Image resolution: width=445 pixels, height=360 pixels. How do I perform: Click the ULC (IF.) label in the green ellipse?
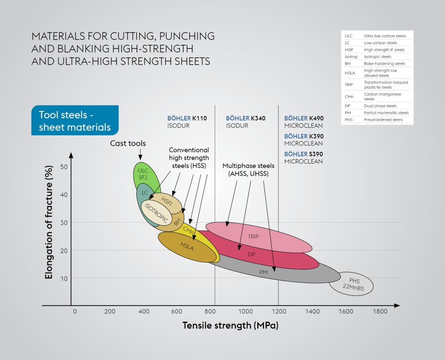click(x=143, y=173)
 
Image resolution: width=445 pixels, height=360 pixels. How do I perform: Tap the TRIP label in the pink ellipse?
click(x=253, y=237)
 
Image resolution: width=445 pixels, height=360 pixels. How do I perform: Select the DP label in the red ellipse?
click(x=252, y=254)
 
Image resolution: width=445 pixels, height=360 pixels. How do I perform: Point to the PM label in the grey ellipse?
click(x=263, y=272)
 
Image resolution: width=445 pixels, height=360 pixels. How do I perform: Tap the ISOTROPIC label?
click(x=156, y=213)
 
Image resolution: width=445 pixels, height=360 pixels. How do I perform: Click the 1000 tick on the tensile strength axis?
click(x=246, y=311)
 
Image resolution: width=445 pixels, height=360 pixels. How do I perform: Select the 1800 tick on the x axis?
click(x=380, y=311)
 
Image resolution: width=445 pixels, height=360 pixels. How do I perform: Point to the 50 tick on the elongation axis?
click(x=64, y=167)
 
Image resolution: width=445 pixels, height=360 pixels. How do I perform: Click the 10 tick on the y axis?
click(x=64, y=278)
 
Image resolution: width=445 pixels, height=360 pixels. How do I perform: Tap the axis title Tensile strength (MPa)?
click(x=230, y=325)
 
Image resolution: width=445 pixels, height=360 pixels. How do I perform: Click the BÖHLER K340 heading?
click(x=246, y=118)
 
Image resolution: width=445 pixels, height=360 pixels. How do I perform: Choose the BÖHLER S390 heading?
click(x=304, y=154)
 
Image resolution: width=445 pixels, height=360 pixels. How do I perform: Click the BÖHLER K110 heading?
click(x=187, y=118)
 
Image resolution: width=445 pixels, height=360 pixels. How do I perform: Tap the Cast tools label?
click(x=128, y=143)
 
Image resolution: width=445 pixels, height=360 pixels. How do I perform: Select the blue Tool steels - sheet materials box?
click(x=75, y=121)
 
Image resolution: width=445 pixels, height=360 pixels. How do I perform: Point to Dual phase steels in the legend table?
click(x=380, y=106)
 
